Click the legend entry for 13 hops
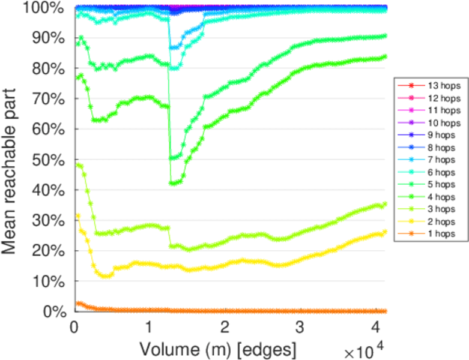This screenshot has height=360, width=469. (x=429, y=86)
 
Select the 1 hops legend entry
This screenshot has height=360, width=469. (x=429, y=234)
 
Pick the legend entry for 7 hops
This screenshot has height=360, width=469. (x=429, y=160)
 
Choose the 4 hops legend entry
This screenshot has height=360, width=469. (x=429, y=197)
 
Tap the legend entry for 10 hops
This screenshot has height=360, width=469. (x=429, y=123)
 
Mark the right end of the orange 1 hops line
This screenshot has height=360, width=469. (x=385, y=311)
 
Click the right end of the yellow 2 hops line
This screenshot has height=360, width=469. (x=385, y=232)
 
